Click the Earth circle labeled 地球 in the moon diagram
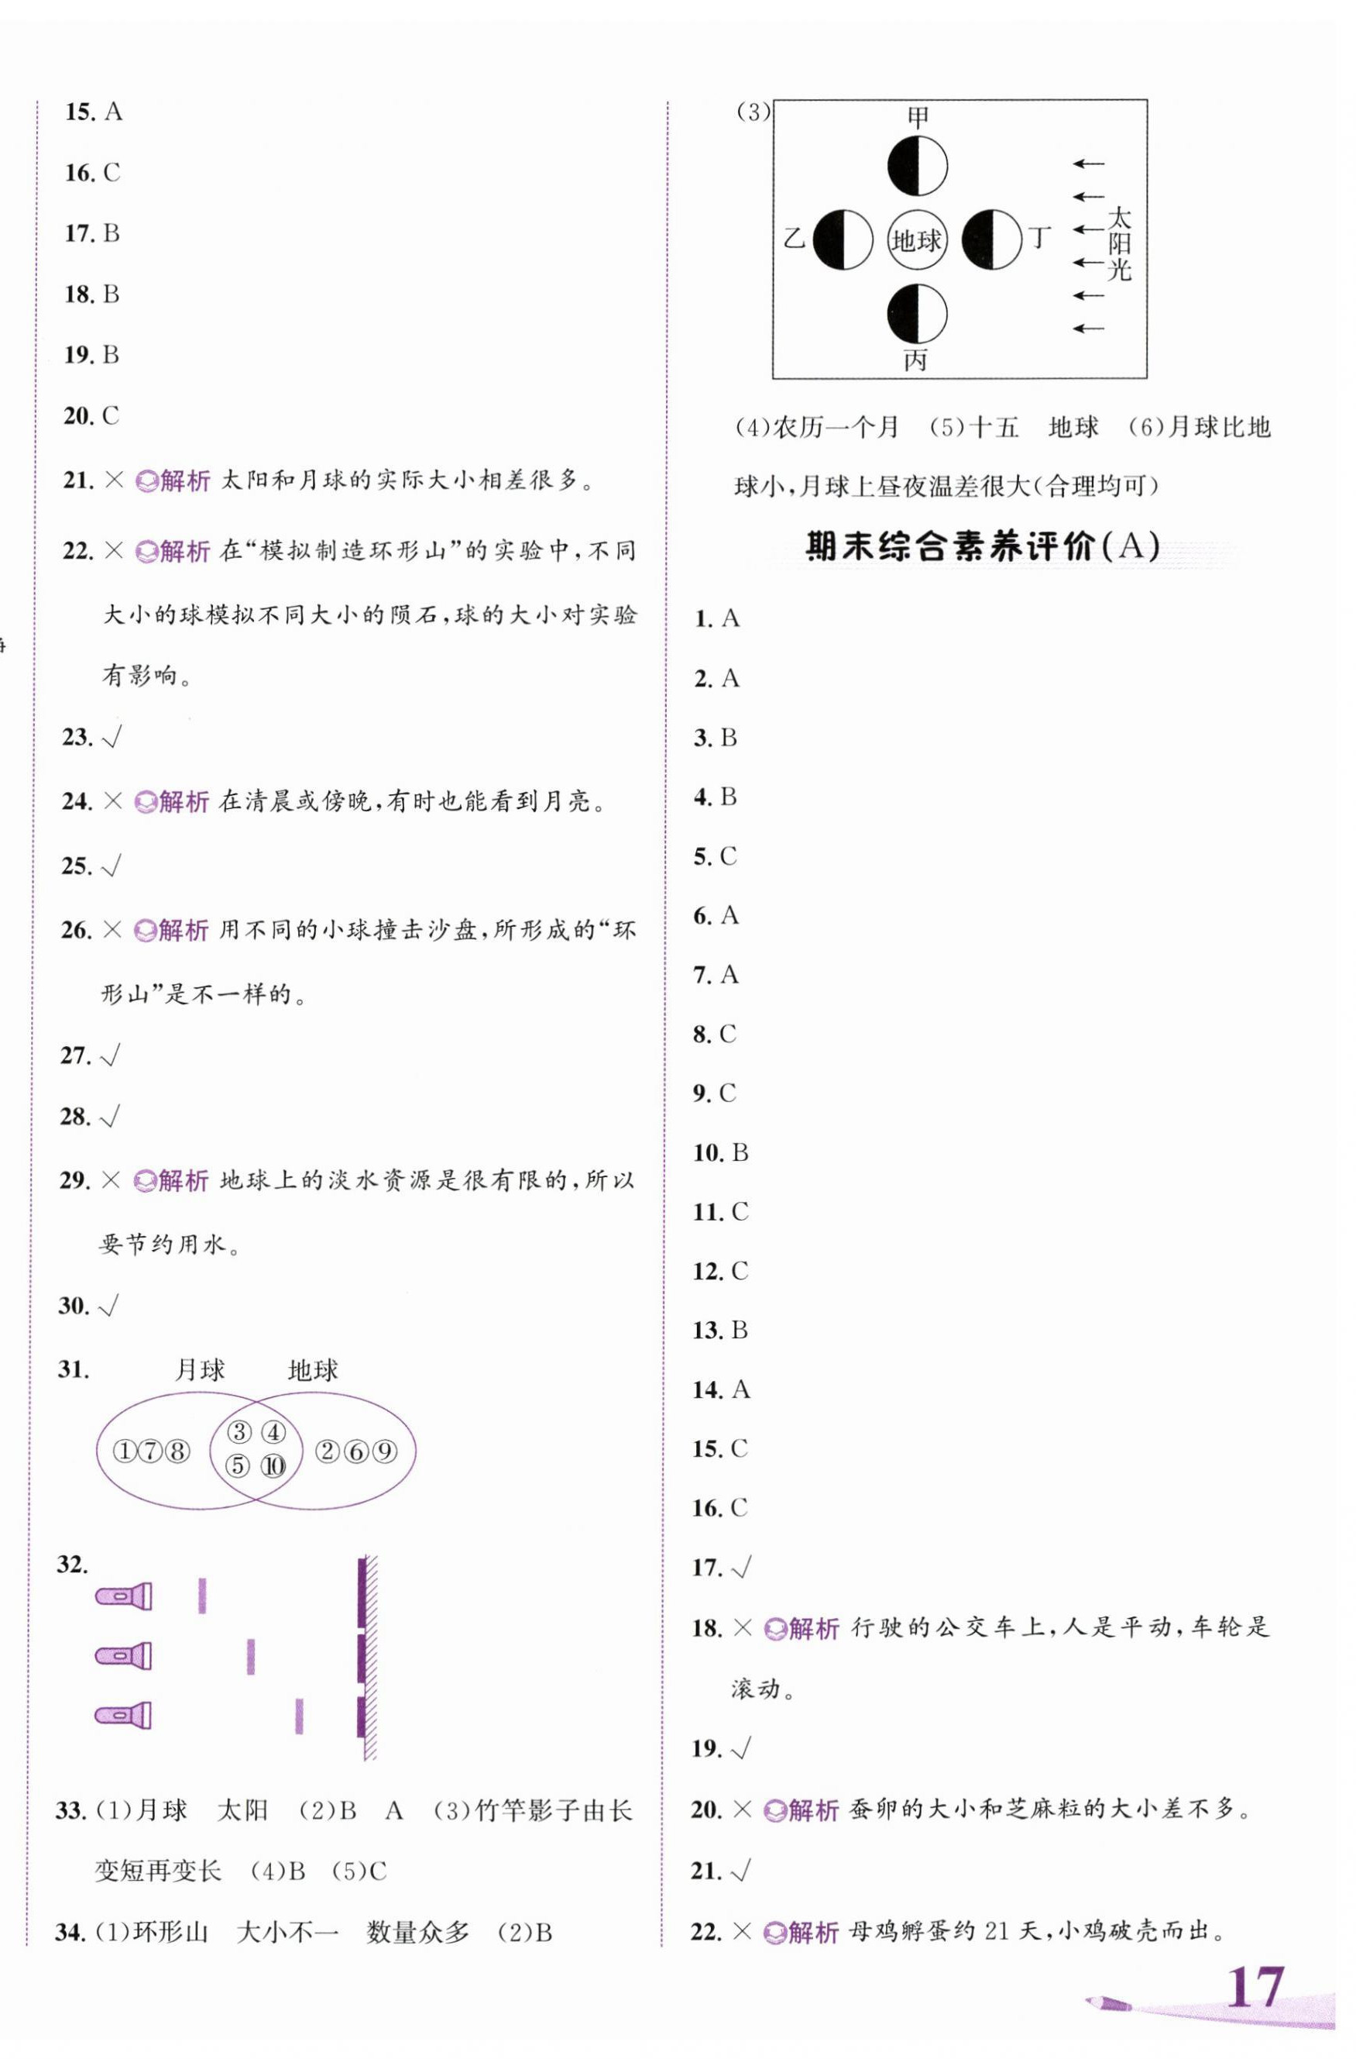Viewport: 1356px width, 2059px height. coord(917,239)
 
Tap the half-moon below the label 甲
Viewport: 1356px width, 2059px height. coord(918,165)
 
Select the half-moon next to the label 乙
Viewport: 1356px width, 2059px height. coord(843,239)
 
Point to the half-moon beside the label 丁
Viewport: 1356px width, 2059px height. coord(992,239)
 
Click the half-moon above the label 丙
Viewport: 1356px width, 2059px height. coord(918,314)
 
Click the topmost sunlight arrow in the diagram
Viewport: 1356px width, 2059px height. coord(1089,164)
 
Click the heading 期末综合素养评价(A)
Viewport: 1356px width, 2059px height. coord(983,547)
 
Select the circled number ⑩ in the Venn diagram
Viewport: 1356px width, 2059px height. coord(273,1465)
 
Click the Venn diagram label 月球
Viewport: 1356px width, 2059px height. coord(200,1369)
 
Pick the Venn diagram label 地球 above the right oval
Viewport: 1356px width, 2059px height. coord(313,1369)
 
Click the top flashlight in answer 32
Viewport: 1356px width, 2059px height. coord(125,1596)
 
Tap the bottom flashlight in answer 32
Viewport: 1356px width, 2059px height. coord(125,1716)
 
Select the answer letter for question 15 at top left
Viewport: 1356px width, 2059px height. coord(113,112)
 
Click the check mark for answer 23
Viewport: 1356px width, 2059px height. coord(112,737)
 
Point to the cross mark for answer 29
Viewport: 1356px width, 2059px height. coord(111,1180)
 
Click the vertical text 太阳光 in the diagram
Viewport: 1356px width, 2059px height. coord(1119,243)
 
